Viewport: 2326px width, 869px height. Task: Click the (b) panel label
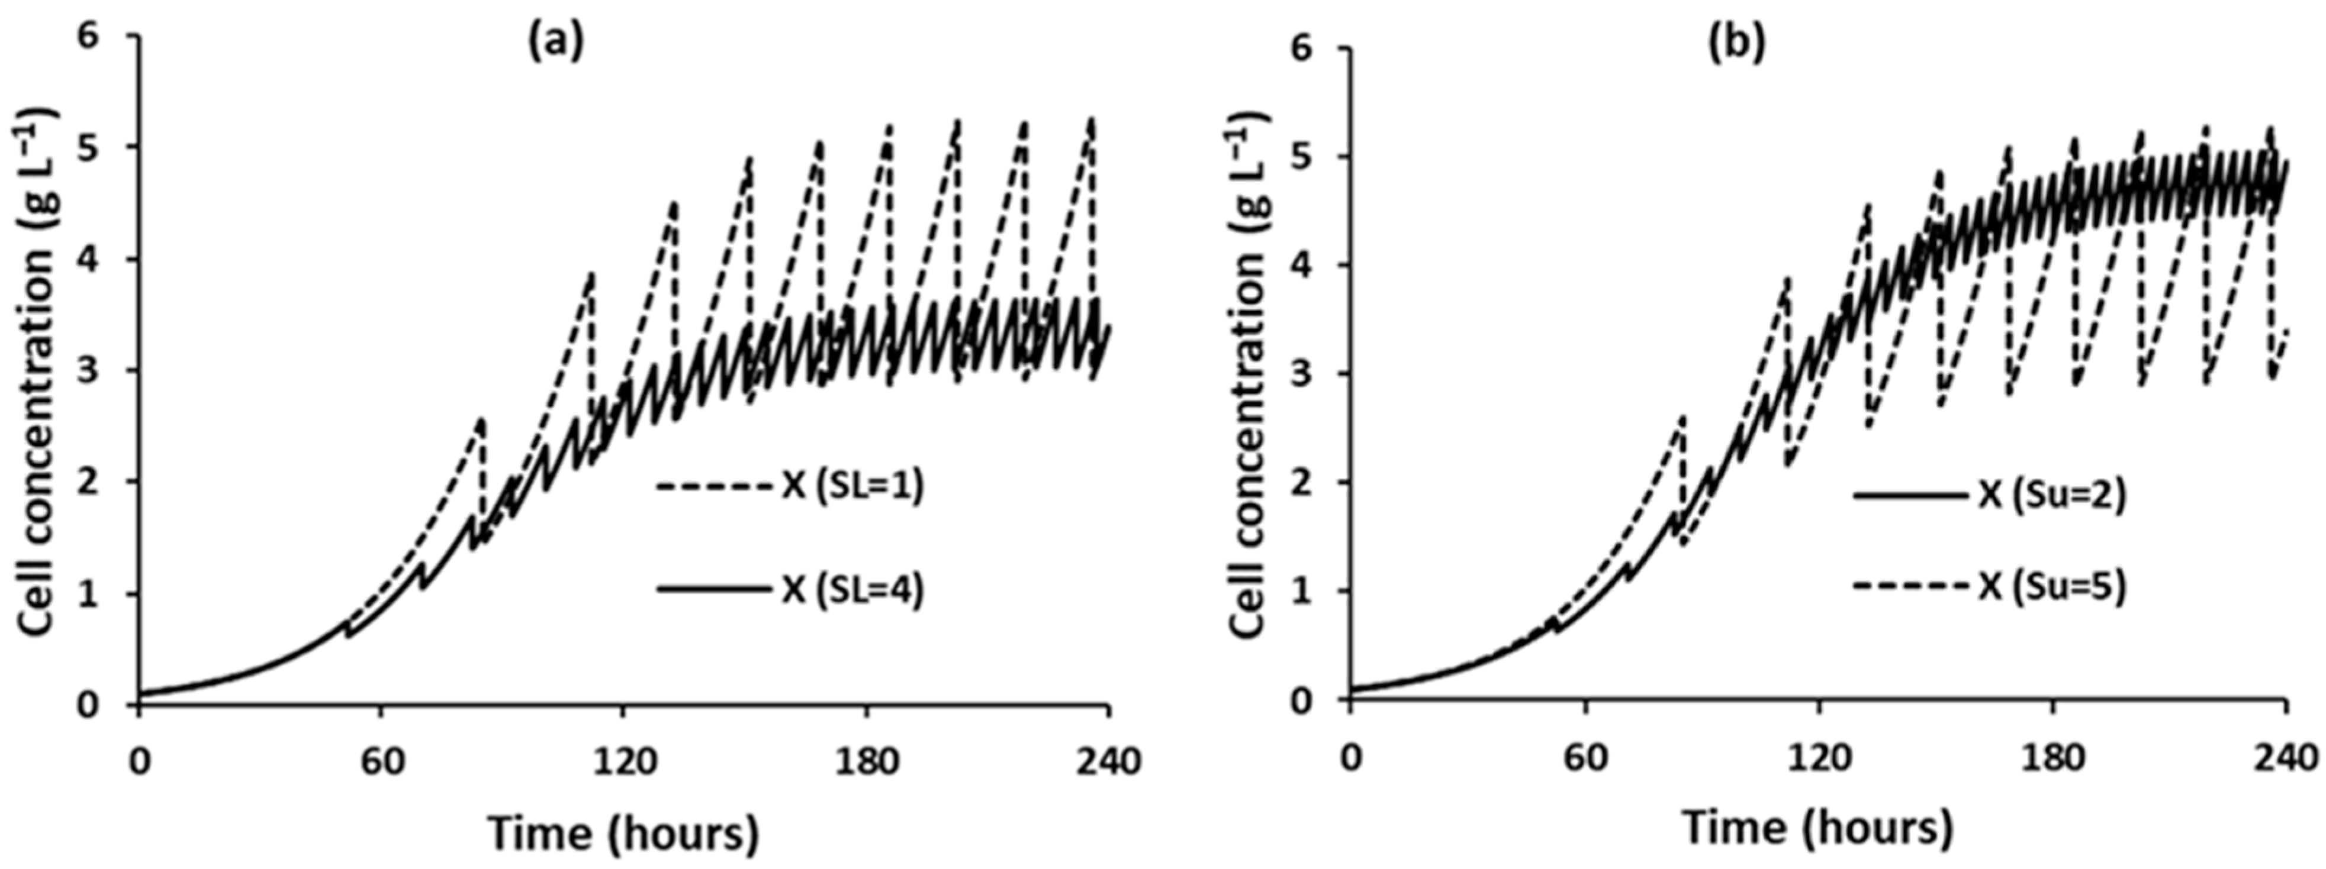(1735, 45)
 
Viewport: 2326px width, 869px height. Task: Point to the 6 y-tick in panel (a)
(115, 37)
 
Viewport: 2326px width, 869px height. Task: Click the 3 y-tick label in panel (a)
(115, 371)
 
